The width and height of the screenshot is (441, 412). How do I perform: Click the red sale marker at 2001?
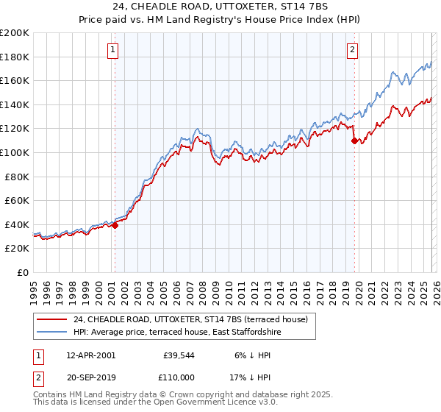[x=115, y=226]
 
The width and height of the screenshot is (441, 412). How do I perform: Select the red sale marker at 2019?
[x=354, y=141]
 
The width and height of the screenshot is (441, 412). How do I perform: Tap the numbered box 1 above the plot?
[x=113, y=50]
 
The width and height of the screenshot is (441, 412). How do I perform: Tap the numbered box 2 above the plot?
[x=353, y=50]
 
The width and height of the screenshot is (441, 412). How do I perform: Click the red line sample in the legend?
[x=53, y=319]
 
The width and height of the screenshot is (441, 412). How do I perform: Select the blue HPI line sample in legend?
[x=53, y=332]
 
